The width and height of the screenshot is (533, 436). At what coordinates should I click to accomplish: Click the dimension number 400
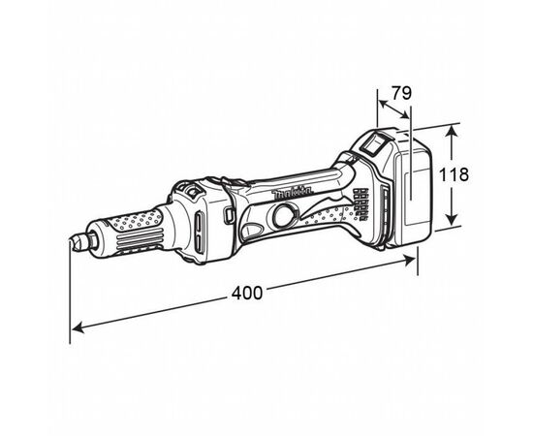point(247,293)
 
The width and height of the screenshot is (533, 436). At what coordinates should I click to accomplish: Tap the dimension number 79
point(401,93)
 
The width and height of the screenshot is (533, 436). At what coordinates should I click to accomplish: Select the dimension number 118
point(454,174)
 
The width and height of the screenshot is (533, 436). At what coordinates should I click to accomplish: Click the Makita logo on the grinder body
point(292,194)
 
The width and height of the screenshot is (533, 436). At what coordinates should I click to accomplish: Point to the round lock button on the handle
point(286,215)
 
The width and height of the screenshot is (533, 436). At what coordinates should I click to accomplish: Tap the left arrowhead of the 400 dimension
point(78,327)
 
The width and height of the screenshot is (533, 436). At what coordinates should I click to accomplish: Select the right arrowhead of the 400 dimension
point(409,260)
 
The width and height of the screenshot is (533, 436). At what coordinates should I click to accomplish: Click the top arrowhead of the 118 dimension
point(451,131)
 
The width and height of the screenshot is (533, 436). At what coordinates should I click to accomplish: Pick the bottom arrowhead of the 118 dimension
point(452,219)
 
